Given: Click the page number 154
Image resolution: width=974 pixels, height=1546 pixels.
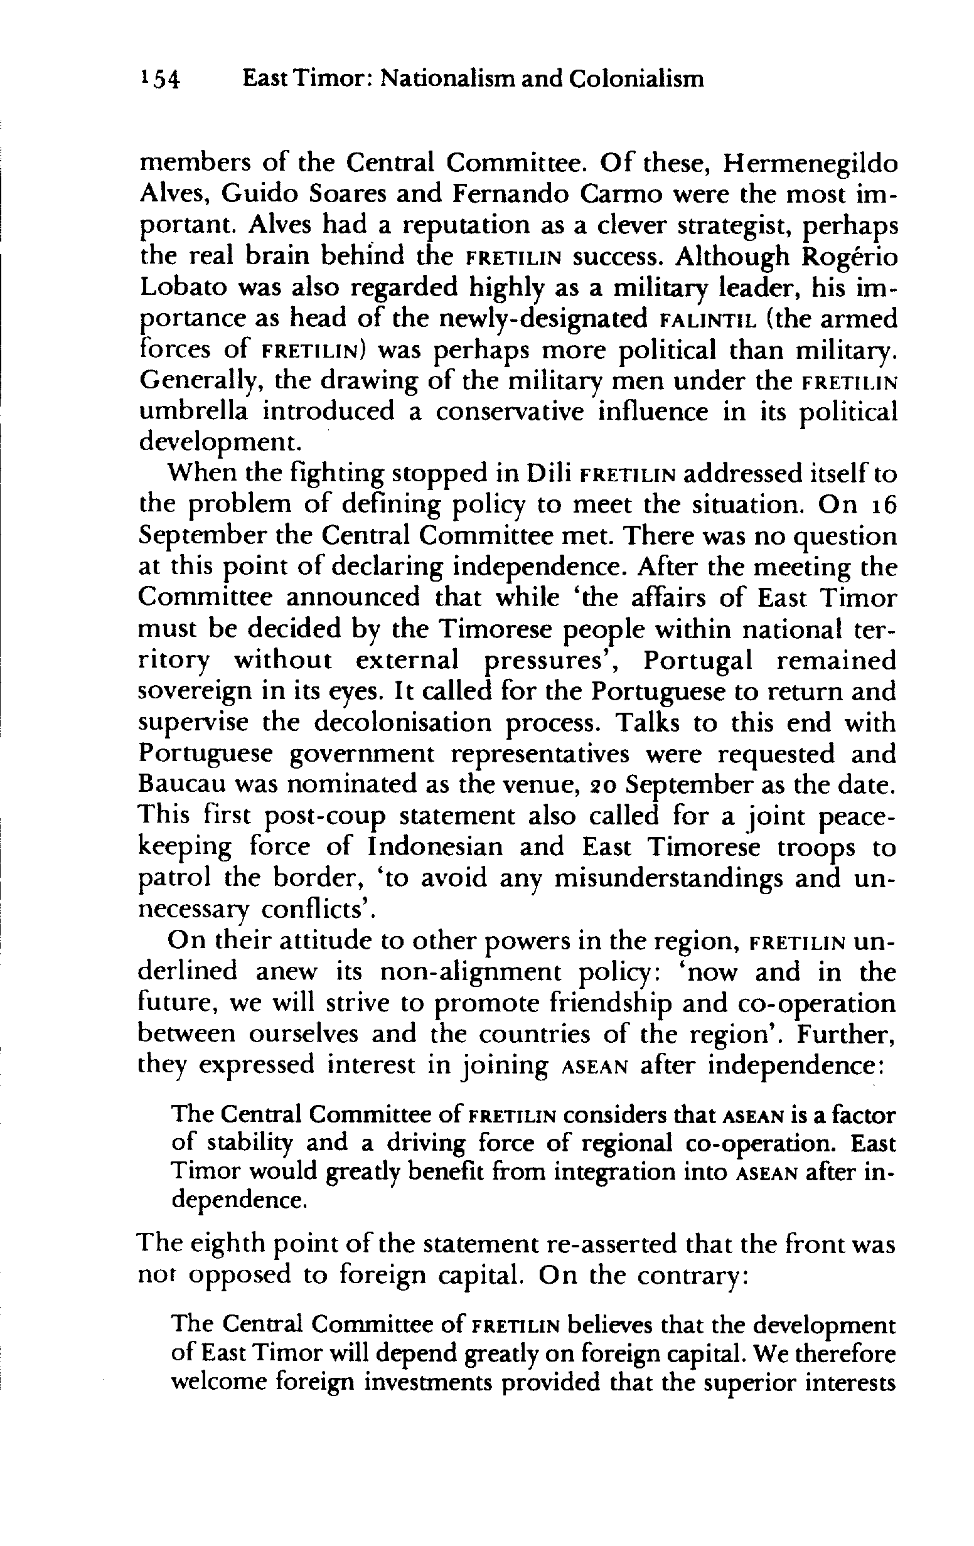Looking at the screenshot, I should (160, 80).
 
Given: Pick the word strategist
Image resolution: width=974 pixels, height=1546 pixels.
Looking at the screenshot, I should (722, 227).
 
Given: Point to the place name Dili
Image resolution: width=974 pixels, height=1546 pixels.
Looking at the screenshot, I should (549, 474).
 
